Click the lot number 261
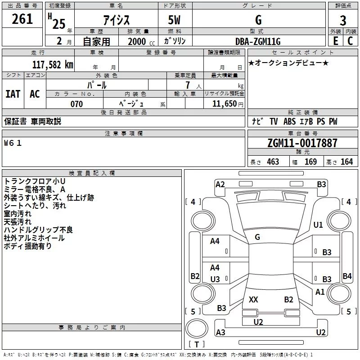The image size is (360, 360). click(22, 19)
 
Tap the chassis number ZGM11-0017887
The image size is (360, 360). click(302, 143)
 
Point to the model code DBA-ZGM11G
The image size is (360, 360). click(258, 41)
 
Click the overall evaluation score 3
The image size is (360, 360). click(343, 20)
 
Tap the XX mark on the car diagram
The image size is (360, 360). click(253, 300)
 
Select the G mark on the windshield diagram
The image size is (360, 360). click(257, 237)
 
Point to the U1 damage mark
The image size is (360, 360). click(318, 225)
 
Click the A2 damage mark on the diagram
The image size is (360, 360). click(220, 184)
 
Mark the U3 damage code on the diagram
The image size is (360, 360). click(215, 279)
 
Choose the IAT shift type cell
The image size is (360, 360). click(13, 94)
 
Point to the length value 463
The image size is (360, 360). click(273, 162)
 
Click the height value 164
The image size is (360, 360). click(346, 162)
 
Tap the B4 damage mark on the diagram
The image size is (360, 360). click(347, 276)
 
